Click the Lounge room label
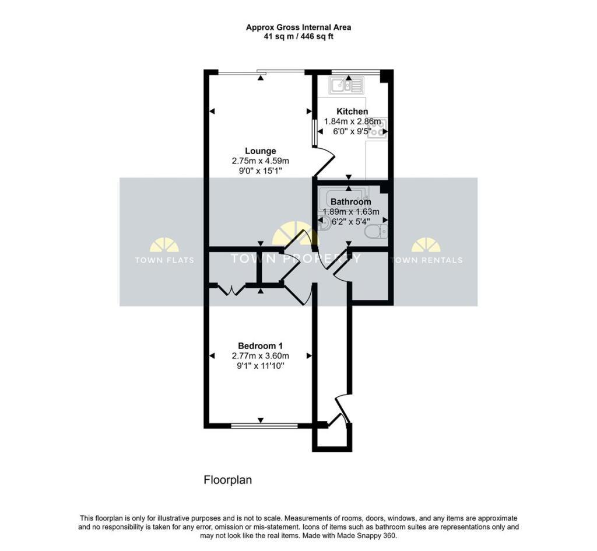pyautogui.click(x=261, y=151)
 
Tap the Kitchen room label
pyautogui.click(x=352, y=111)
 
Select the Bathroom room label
pyautogui.click(x=351, y=202)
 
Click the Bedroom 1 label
pyautogui.click(x=260, y=346)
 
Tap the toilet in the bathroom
pyautogui.click(x=375, y=232)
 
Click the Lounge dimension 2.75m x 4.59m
pyautogui.click(x=261, y=161)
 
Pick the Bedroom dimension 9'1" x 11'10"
pyautogui.click(x=261, y=366)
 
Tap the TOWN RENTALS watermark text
pyautogui.click(x=426, y=260)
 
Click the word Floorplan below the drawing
pyautogui.click(x=227, y=480)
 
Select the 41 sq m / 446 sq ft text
pyautogui.click(x=298, y=37)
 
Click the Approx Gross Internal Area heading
pyautogui.click(x=298, y=27)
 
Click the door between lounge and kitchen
pyautogui.click(x=324, y=160)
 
